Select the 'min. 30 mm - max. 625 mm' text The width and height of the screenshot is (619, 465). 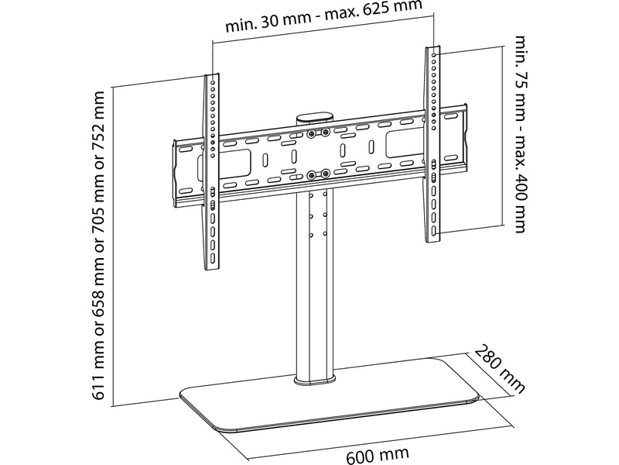pos(323,17)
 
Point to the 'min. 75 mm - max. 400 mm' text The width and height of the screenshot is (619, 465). pos(522,133)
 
